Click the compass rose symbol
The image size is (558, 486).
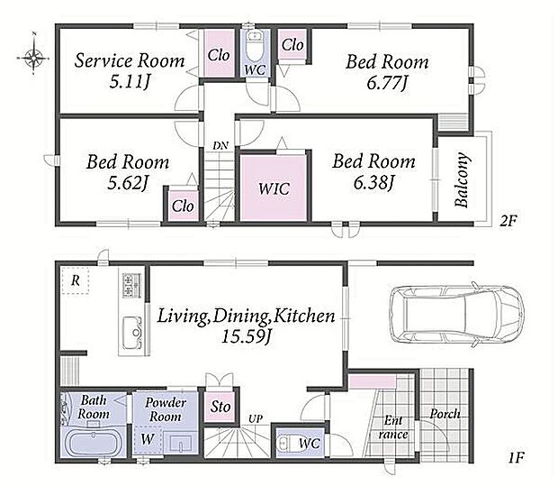(33, 57)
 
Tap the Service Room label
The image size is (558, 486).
(130, 60)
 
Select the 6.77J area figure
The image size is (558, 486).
(386, 84)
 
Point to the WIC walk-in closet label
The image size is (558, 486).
(274, 188)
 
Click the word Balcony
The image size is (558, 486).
(461, 180)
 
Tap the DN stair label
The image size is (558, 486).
(220, 145)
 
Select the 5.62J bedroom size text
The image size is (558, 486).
(128, 183)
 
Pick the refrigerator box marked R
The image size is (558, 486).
(75, 280)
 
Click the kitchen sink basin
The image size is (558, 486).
(132, 333)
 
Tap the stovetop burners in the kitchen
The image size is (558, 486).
(131, 285)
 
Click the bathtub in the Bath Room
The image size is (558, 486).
(94, 444)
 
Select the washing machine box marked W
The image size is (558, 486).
(148, 440)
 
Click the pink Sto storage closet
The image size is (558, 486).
(220, 407)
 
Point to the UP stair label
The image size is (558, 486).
(255, 419)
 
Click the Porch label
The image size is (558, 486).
(445, 414)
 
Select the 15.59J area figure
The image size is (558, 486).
(247, 336)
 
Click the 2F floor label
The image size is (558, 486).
(508, 221)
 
